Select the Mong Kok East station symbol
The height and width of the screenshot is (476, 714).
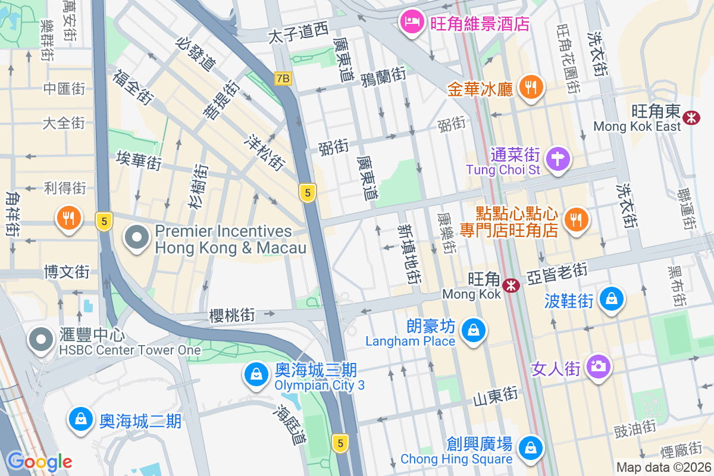point(691,117)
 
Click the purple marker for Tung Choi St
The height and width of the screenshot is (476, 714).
point(559,159)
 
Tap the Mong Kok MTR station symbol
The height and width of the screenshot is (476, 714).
point(511,286)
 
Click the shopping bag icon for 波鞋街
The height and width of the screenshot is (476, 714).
point(612,298)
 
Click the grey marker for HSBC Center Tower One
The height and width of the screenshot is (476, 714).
point(41,340)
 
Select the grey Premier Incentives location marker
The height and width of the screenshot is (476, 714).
point(137,237)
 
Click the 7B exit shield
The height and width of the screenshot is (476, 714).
point(284,78)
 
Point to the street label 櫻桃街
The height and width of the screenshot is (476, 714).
point(232,315)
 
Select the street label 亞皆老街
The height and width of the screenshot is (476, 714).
point(557,271)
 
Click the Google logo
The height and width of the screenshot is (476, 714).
point(39,462)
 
